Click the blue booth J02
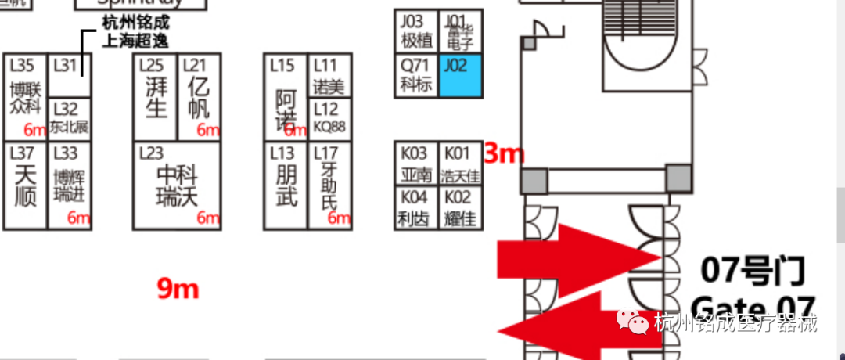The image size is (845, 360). [x=460, y=76]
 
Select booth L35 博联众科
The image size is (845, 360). [x=25, y=96]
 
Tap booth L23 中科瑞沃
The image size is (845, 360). [x=176, y=185]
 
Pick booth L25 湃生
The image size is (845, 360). [x=156, y=97]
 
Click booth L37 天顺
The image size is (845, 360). [x=25, y=185]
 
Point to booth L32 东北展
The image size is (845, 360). [x=70, y=120]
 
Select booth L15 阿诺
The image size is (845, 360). [x=286, y=97]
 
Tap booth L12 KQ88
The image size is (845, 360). [x=329, y=120]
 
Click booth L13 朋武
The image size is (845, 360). [x=286, y=185]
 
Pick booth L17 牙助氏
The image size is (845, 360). [x=329, y=185]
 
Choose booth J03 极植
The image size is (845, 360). [x=415, y=31]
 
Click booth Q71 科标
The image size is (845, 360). [x=415, y=76]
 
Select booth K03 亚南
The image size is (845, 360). [x=415, y=164]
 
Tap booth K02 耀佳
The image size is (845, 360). [x=460, y=208]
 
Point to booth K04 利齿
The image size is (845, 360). [x=415, y=208]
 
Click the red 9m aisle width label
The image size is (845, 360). [x=178, y=289]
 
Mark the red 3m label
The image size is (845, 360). [x=503, y=153]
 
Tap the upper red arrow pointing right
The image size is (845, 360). [x=579, y=255]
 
